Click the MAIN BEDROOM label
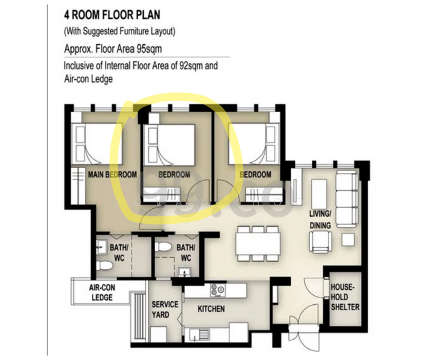(x=112, y=174)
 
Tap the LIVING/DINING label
(x=320, y=220)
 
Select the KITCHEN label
(x=211, y=309)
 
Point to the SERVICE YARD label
(x=165, y=310)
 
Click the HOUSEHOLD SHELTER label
(x=345, y=297)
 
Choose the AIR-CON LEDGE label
(x=102, y=292)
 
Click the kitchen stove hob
(x=217, y=290)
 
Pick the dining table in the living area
(x=258, y=244)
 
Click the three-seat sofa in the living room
(x=347, y=199)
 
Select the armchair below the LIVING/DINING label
(x=320, y=241)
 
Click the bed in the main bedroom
(x=97, y=144)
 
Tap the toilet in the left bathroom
(x=104, y=265)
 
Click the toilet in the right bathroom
(x=163, y=247)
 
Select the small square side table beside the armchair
(x=348, y=239)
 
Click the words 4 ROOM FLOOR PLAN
(x=112, y=15)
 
